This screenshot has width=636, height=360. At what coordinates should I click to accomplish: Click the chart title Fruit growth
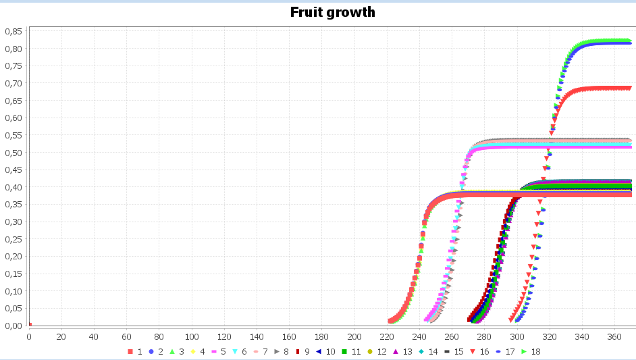332,12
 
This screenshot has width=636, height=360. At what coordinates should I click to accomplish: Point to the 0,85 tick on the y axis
14,31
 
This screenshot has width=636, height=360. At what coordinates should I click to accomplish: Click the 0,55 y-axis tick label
14,135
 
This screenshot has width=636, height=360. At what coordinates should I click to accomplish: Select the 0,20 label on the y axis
14,257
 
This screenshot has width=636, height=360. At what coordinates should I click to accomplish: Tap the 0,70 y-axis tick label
14,83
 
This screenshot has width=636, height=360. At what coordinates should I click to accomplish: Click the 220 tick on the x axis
387,336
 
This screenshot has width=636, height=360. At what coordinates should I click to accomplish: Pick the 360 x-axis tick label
614,336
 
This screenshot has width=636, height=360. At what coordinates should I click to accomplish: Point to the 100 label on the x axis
192,336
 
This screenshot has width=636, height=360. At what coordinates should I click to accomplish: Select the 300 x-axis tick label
517,336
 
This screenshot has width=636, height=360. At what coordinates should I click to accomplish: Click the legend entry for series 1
135,351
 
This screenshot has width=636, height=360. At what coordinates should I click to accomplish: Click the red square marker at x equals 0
30,325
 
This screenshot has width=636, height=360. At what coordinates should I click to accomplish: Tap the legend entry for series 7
260,351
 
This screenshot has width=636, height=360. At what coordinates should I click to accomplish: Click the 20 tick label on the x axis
61,336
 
